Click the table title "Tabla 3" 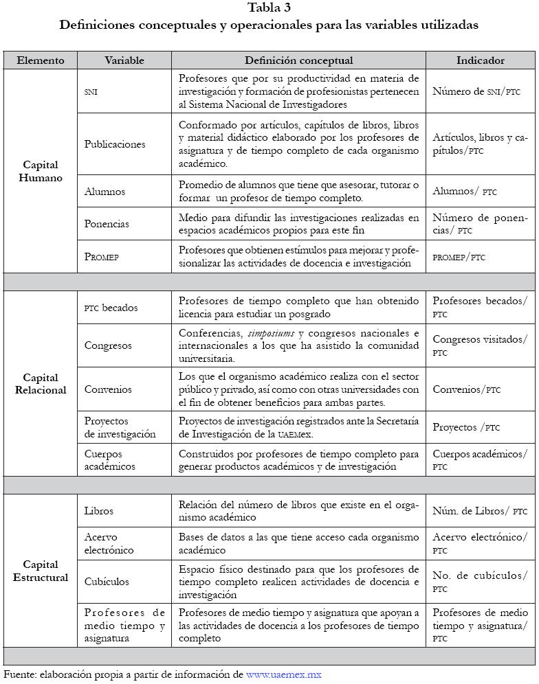[x=269, y=8]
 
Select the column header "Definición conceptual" [x=298, y=60]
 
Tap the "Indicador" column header [x=480, y=60]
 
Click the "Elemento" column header [x=41, y=60]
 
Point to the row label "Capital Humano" [x=41, y=172]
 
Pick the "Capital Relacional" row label [x=41, y=384]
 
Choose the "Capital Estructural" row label [x=41, y=571]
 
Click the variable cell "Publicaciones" [x=115, y=144]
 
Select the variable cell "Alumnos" [x=104, y=192]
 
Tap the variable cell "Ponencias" [x=107, y=224]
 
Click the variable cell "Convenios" [x=108, y=389]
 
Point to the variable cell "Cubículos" [x=107, y=582]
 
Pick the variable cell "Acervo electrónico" [x=109, y=544]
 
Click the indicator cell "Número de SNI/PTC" [x=476, y=91]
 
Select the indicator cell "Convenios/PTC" [x=466, y=389]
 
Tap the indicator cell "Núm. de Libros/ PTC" [x=479, y=511]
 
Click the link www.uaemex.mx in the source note [x=283, y=674]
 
